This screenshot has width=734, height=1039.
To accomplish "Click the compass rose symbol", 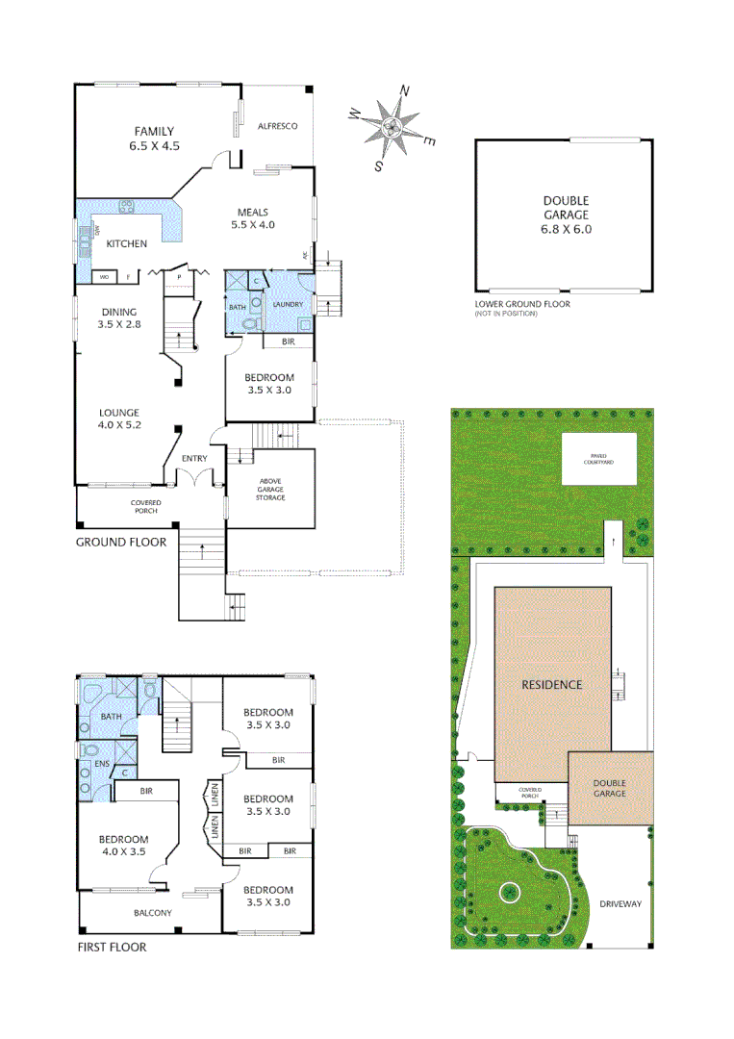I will tap(392, 128).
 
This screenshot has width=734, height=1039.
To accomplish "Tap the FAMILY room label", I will tap(154, 139).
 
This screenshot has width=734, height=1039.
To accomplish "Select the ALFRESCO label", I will tap(278, 126).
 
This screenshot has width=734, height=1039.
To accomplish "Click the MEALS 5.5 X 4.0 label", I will tap(253, 218).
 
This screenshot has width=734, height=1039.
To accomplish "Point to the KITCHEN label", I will tap(126, 243).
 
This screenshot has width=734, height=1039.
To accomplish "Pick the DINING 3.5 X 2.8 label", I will tap(118, 318).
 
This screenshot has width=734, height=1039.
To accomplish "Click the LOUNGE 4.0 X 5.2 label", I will tap(119, 418).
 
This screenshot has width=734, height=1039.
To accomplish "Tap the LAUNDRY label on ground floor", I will tap(288, 305).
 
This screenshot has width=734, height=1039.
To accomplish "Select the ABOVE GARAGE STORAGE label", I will tap(269, 490).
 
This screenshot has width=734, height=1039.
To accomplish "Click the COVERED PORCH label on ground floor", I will tap(146, 507).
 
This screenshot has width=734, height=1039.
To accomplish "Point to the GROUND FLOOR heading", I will tap(121, 542).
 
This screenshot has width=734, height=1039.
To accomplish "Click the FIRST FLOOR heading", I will tap(112, 948).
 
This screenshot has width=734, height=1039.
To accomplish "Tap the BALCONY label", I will tap(153, 913).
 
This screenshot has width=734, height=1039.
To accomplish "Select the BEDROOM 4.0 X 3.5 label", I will tap(122, 845).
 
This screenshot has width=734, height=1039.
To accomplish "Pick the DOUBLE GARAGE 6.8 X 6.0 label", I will tap(565, 215).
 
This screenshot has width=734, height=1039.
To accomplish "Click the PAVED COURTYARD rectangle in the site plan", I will tap(599, 458).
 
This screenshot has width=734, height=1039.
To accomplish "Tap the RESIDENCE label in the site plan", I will tap(552, 685).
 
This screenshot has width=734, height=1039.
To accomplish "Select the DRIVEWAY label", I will tap(620, 904).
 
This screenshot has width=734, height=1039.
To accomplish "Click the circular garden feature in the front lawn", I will tap(508, 892).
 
